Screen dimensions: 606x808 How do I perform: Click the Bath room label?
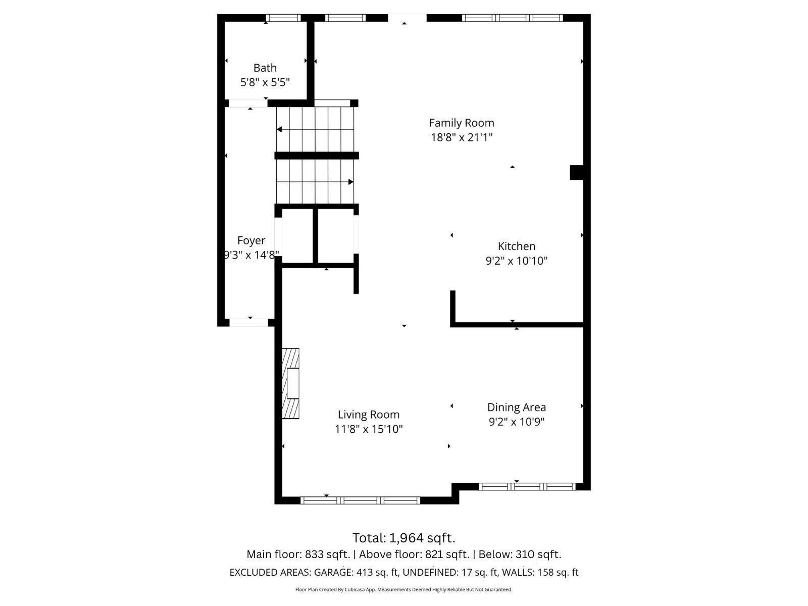(265, 68)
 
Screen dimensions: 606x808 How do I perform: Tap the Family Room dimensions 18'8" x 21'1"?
(461, 137)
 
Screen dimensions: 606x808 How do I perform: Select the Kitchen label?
(516, 246)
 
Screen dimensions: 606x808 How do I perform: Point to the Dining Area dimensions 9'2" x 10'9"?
(516, 422)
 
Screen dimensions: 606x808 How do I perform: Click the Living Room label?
(368, 415)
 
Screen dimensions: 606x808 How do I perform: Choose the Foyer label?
(251, 240)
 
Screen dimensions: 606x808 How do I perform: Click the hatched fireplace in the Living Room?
(290, 383)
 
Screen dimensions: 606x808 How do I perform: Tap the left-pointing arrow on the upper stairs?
(280, 130)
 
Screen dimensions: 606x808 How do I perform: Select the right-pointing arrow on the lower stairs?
(350, 182)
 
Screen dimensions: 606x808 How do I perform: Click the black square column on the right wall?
(577, 172)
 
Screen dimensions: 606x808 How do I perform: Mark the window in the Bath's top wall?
(283, 18)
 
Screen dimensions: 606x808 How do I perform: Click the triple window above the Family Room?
(512, 18)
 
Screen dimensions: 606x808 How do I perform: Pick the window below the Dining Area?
(527, 487)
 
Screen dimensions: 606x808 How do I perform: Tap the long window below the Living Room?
(360, 500)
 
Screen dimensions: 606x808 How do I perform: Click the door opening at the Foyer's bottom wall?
(249, 323)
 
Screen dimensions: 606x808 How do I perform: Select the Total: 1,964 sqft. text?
(403, 537)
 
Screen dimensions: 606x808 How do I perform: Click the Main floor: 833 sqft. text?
(298, 554)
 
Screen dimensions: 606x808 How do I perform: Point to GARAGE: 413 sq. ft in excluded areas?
(357, 573)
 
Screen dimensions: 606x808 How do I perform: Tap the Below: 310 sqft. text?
(520, 554)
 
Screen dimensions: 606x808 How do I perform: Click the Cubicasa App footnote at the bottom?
(403, 589)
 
